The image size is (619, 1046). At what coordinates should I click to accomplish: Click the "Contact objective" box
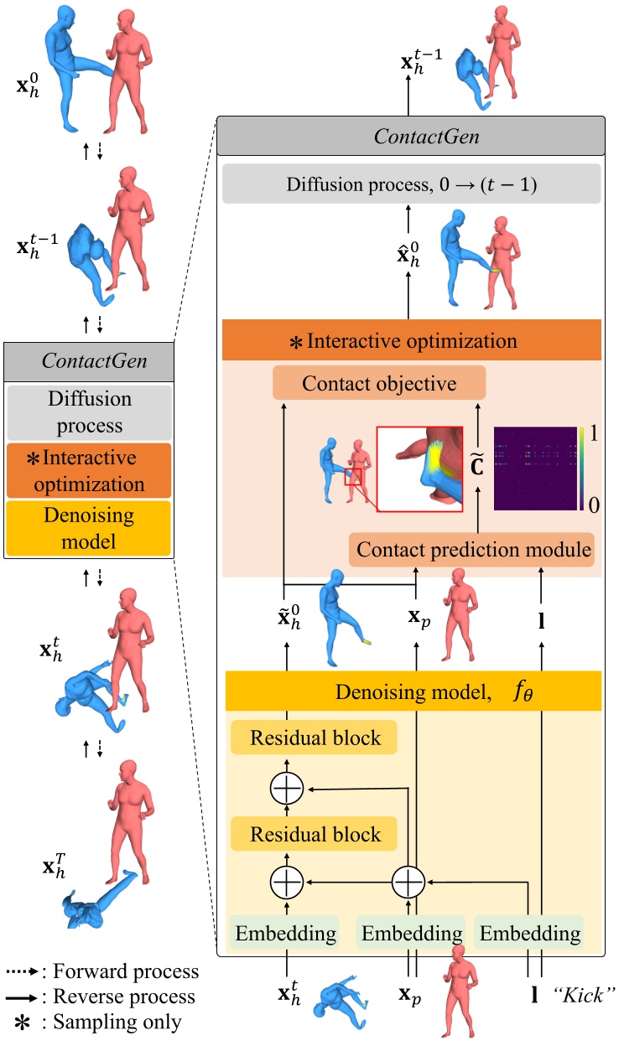click(379, 384)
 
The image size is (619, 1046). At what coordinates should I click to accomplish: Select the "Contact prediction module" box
click(471, 550)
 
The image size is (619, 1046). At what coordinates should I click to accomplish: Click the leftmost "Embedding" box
click(288, 932)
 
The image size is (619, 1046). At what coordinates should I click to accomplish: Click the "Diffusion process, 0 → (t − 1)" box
click(413, 184)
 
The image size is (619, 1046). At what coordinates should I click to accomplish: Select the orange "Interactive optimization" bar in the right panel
click(413, 342)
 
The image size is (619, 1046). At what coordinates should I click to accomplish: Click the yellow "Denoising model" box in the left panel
click(88, 527)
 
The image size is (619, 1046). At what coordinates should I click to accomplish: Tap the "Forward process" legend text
click(126, 972)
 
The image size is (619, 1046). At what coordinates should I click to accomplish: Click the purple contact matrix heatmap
click(537, 468)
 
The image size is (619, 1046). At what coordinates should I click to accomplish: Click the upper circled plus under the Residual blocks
click(286, 788)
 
